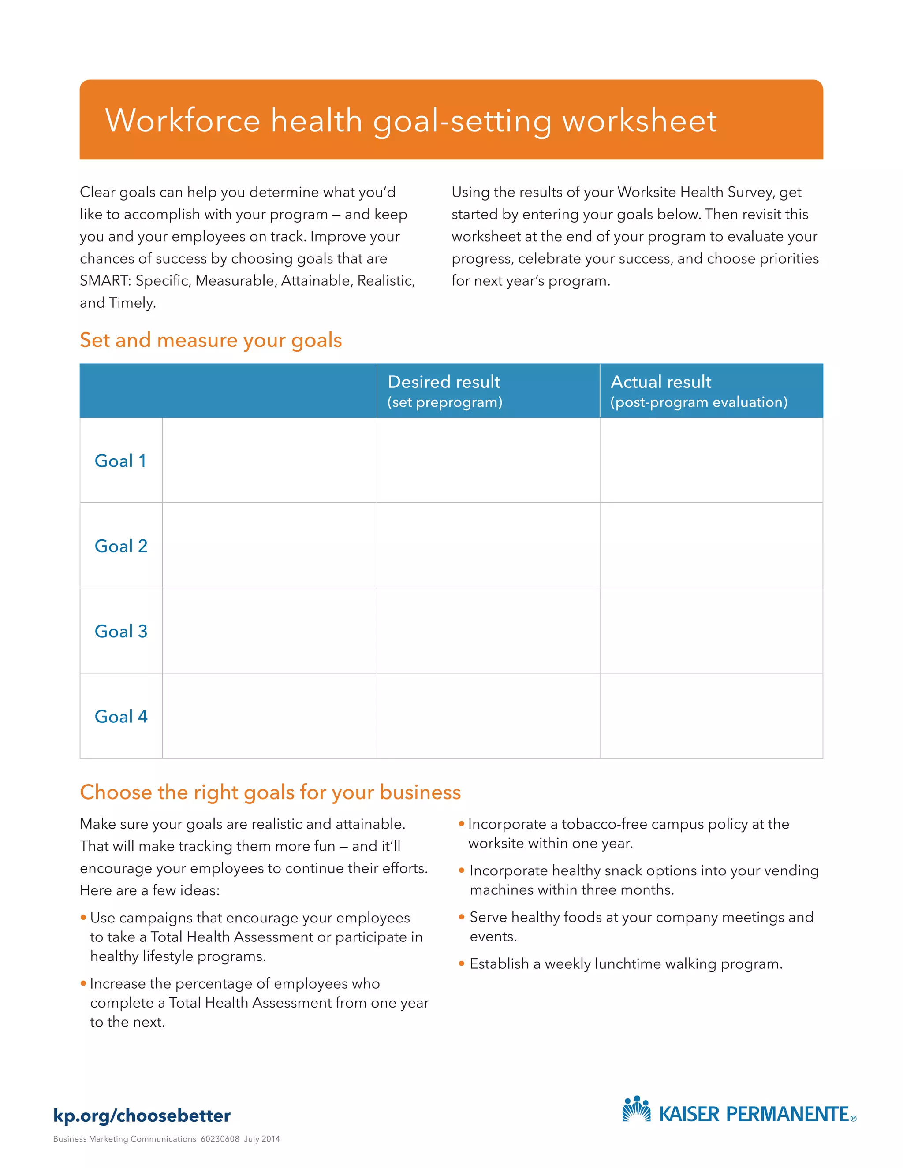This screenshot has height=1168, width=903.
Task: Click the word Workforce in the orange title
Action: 183,120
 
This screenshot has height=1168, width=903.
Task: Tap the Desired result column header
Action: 444,382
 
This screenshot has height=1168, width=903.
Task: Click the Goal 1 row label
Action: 120,461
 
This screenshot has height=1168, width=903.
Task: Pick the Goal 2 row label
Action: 121,546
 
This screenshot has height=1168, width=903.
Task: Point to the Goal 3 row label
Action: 121,631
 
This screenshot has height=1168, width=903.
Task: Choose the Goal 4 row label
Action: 121,717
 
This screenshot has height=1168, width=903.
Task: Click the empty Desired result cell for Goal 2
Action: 488,546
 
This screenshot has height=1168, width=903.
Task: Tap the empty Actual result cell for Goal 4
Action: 711,716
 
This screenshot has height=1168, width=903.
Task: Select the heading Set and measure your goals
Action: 211,340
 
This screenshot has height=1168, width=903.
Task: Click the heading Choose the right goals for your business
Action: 270,792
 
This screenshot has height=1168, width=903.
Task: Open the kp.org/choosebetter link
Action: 142,1116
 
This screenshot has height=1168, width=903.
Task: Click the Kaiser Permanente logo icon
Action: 637,1109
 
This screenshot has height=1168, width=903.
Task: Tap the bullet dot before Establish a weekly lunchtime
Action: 461,963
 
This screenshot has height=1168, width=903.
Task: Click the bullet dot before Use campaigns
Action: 83,918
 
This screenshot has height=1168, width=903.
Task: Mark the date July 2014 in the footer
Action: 262,1139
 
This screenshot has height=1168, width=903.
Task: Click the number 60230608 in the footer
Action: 220,1139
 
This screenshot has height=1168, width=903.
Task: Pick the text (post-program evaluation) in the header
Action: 699,402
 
